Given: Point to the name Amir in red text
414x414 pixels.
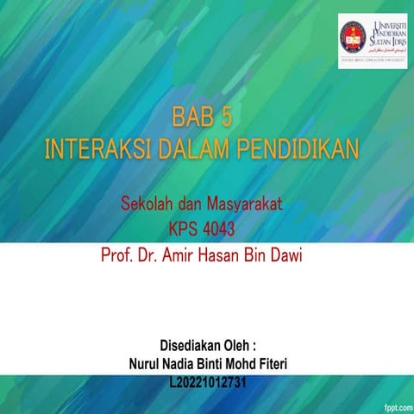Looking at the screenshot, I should (x=182, y=255).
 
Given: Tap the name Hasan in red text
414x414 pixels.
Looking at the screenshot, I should (x=227, y=255).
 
